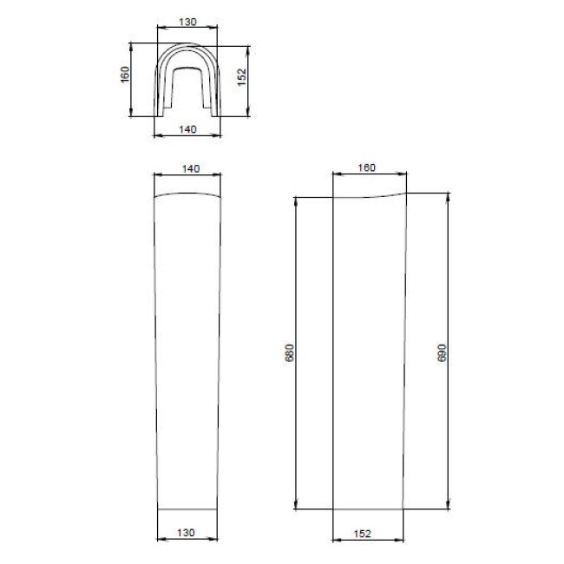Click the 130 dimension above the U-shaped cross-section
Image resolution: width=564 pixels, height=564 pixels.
187,22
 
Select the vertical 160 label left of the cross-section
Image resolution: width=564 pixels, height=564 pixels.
125,75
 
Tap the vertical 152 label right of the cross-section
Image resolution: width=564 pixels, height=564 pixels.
242,77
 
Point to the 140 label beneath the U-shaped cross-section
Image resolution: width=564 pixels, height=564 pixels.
187,129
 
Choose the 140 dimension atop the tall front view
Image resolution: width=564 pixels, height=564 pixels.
191,168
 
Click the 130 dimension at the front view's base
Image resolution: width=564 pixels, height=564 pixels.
186,533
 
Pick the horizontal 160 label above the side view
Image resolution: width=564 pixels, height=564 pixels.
366,167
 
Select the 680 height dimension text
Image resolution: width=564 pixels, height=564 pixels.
290,352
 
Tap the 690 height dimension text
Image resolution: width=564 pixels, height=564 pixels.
442,352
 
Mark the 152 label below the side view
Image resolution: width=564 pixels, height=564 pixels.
362,534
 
